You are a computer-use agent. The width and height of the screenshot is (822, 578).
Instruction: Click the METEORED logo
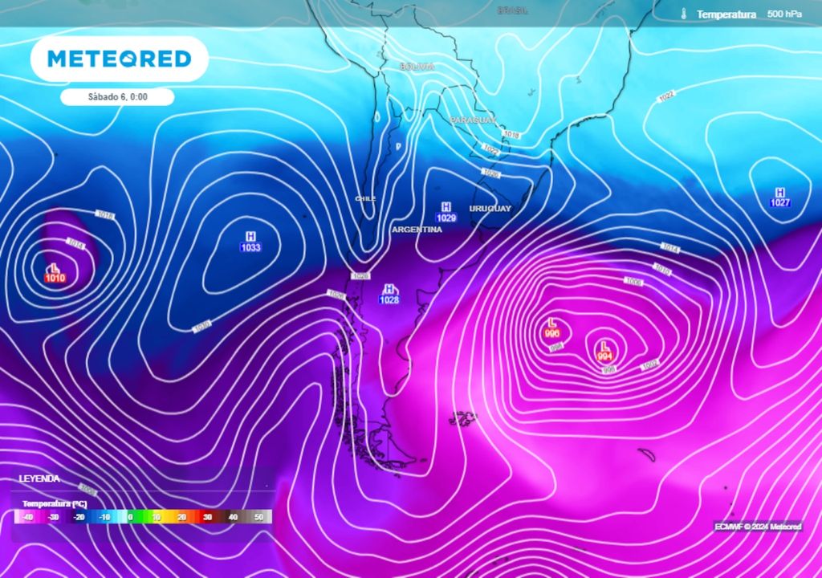click(119, 59)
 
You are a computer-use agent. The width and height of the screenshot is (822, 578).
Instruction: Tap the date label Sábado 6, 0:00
click(118, 96)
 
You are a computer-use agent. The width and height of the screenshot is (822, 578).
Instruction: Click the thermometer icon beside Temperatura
click(684, 14)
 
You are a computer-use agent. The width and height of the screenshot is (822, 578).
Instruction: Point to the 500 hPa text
click(784, 14)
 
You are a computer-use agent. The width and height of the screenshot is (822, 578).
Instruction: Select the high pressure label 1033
click(250, 247)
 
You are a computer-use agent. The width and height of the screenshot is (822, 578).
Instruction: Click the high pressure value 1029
click(446, 218)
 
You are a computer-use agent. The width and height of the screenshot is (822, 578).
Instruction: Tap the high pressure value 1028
click(389, 299)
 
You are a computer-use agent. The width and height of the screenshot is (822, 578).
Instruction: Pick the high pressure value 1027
click(779, 203)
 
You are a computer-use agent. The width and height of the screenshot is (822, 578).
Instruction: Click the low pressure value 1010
click(55, 278)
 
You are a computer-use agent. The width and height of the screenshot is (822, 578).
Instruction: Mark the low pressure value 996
click(552, 333)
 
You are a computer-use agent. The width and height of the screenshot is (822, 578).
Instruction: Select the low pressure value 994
click(605, 356)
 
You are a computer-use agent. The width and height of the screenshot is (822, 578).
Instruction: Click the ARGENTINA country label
click(417, 230)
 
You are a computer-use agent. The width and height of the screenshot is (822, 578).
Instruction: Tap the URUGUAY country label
click(490, 209)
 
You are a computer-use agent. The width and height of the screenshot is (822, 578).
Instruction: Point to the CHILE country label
click(365, 198)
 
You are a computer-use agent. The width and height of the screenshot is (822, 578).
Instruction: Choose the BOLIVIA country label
click(417, 67)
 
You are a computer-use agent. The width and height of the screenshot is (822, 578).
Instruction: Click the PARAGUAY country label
click(473, 120)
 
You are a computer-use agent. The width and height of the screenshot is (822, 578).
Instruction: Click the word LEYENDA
click(39, 478)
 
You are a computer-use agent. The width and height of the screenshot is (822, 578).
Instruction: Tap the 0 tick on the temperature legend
click(130, 518)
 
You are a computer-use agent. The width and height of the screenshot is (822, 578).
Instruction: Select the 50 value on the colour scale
click(258, 518)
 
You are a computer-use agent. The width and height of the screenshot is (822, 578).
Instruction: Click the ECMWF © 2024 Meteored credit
click(758, 527)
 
